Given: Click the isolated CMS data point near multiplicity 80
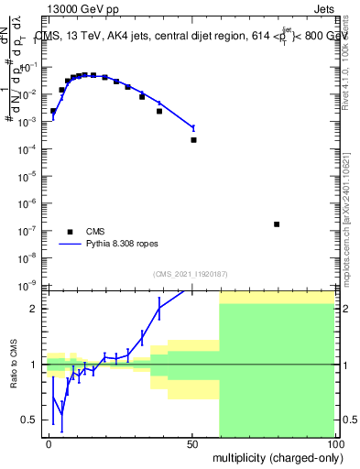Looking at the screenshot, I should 277,224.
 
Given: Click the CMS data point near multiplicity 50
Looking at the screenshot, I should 193,140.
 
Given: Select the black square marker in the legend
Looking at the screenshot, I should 69,232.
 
